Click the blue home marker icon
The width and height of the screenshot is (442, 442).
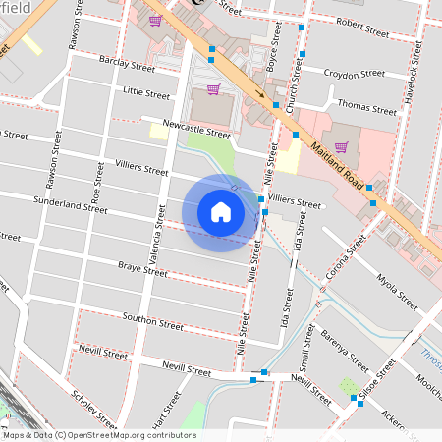[x=221, y=212]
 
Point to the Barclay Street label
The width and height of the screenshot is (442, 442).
[x=127, y=64]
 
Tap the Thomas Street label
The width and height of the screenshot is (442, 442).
[x=365, y=103]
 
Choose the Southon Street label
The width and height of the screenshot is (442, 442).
[x=152, y=320]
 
